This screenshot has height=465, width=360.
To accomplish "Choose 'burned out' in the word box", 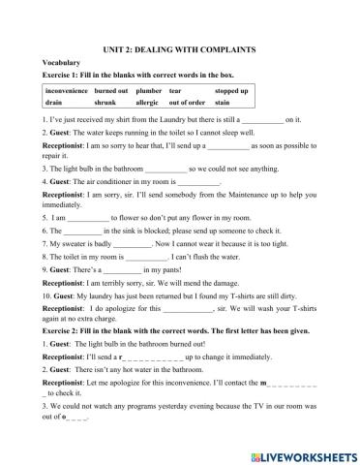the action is point(112,91).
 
